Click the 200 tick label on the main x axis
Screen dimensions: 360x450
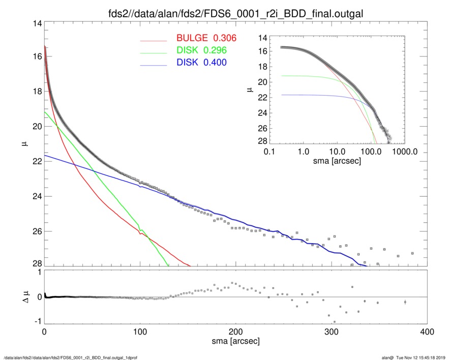click(x=235, y=332)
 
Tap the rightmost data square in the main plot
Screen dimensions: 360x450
click(x=412, y=253)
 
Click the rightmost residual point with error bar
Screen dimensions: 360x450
click(x=405, y=302)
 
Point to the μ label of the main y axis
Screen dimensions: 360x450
click(x=23, y=144)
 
